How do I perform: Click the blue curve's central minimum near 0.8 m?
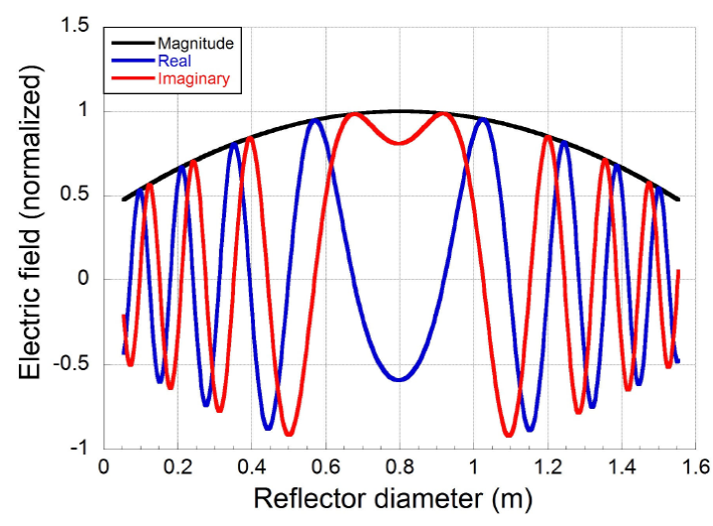(398, 379)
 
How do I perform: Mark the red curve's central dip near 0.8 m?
(398, 143)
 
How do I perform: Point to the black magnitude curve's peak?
(399, 111)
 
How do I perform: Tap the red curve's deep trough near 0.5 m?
(289, 434)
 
